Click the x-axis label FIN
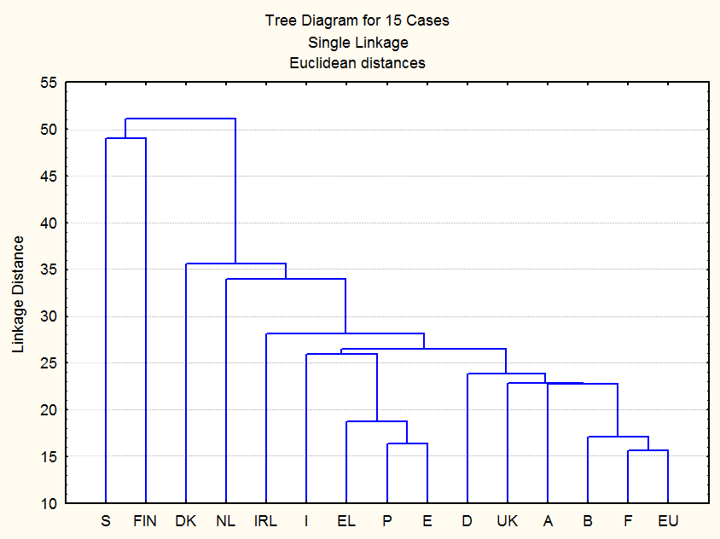pyautogui.click(x=146, y=520)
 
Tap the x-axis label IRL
pyautogui.click(x=266, y=520)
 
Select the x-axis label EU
pyautogui.click(x=668, y=520)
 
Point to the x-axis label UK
pyautogui.click(x=507, y=520)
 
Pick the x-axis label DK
pyautogui.click(x=185, y=520)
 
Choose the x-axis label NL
pyautogui.click(x=225, y=520)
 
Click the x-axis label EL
pyautogui.click(x=346, y=520)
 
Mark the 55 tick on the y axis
pyautogui.click(x=48, y=83)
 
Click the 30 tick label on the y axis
pyautogui.click(x=48, y=316)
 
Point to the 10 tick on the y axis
pyautogui.click(x=48, y=503)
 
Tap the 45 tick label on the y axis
pyautogui.click(x=48, y=177)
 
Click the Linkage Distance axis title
pyautogui.click(x=18, y=294)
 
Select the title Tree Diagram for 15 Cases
pyautogui.click(x=357, y=20)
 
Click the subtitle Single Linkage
pyautogui.click(x=357, y=42)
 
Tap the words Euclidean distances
pyautogui.click(x=357, y=62)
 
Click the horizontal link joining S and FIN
pyautogui.click(x=125, y=138)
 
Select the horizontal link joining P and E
pyautogui.click(x=407, y=443)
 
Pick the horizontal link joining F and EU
pyautogui.click(x=647, y=450)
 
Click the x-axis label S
pyautogui.click(x=106, y=520)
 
